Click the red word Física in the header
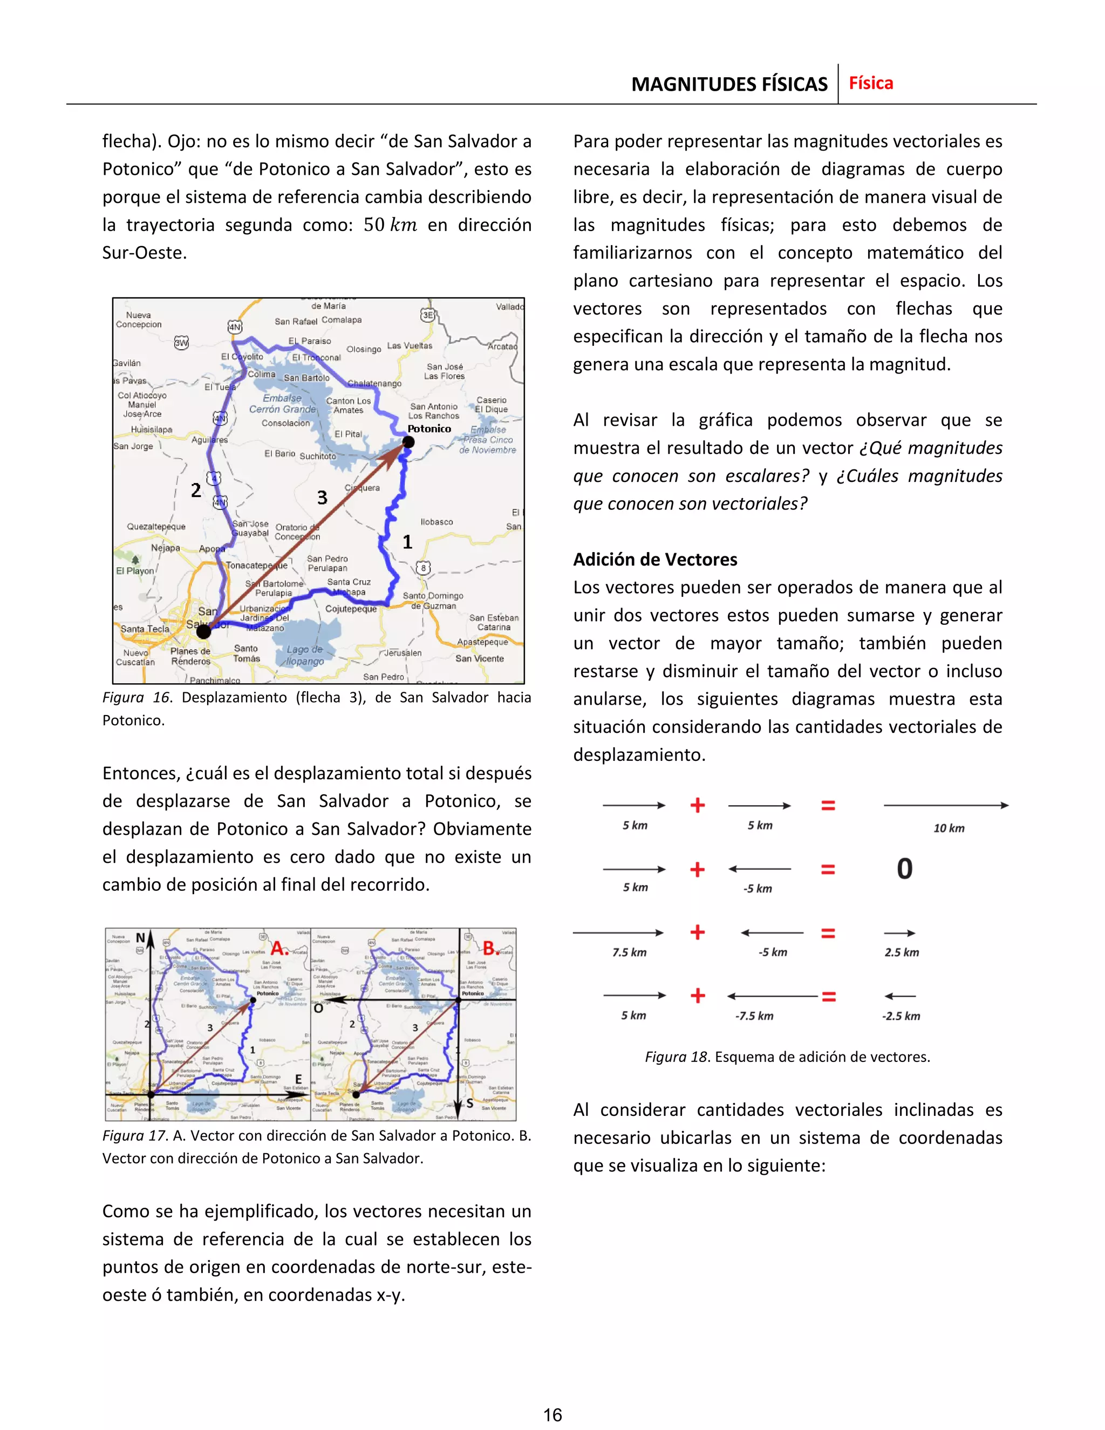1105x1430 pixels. [871, 83]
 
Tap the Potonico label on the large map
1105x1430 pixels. [429, 429]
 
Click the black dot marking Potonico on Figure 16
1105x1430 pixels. [408, 442]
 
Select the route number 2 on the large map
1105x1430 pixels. [196, 491]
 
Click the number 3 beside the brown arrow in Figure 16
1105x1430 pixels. [322, 498]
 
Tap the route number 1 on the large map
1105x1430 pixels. [407, 541]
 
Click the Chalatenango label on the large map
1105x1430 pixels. [374, 384]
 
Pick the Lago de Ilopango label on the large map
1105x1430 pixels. [305, 655]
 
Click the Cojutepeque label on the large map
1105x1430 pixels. [351, 609]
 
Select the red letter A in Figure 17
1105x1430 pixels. [279, 948]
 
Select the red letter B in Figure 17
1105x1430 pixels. [489, 948]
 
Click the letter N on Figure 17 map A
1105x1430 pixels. [140, 938]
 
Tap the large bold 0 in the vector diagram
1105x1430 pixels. [904, 869]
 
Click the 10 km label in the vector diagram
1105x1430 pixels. [949, 828]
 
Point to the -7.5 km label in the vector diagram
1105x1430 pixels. [754, 1016]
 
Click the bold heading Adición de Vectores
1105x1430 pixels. [654, 559]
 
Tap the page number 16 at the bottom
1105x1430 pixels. [552, 1415]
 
